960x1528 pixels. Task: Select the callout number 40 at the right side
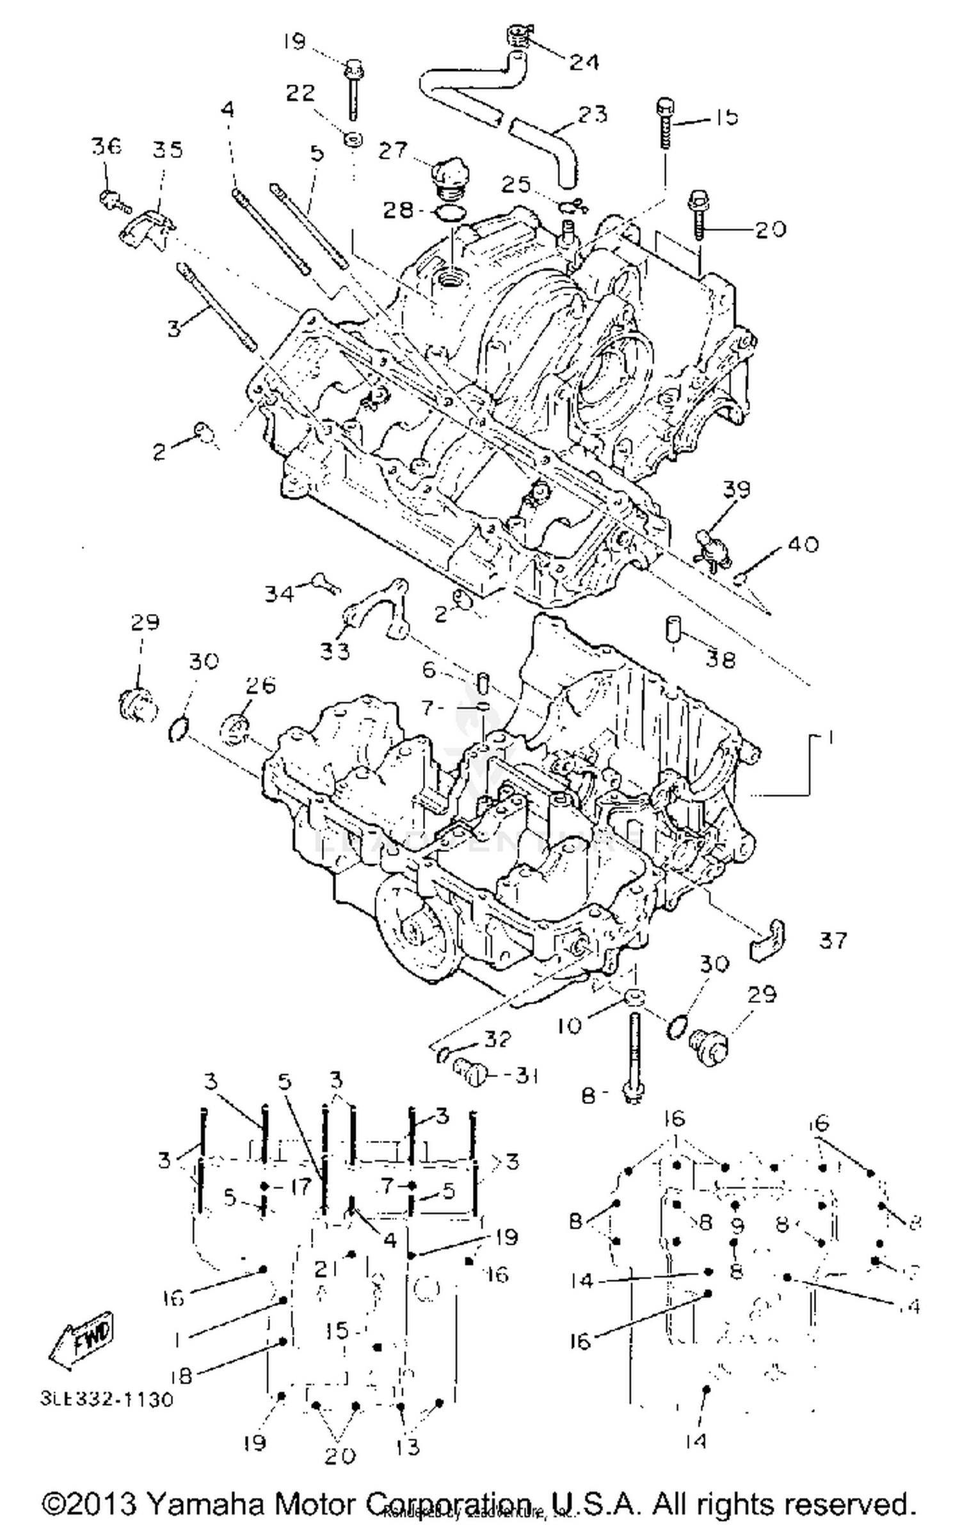tap(803, 544)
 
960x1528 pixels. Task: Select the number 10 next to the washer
tap(568, 1025)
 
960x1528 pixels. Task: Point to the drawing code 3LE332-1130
tap(107, 1399)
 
